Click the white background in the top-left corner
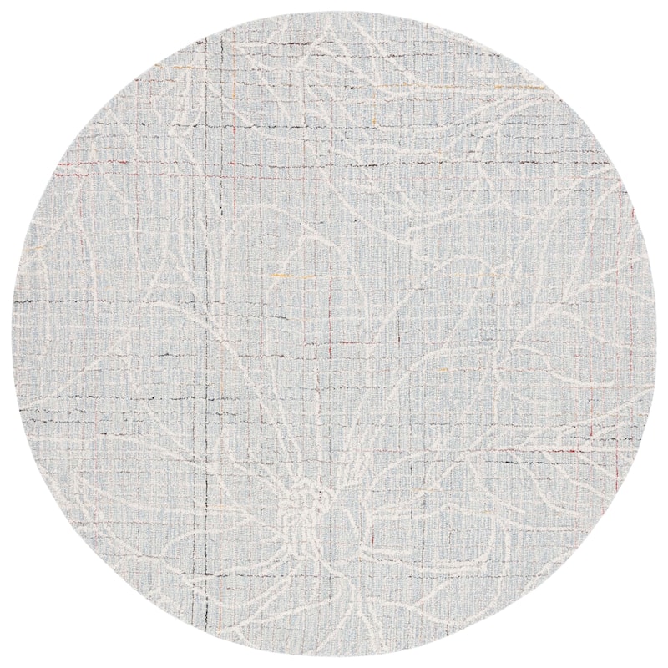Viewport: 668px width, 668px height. tap(33, 33)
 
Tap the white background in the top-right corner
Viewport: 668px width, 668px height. tap(635, 33)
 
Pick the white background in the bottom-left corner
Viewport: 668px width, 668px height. tap(33, 635)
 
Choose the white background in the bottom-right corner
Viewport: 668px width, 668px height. tap(635, 635)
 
